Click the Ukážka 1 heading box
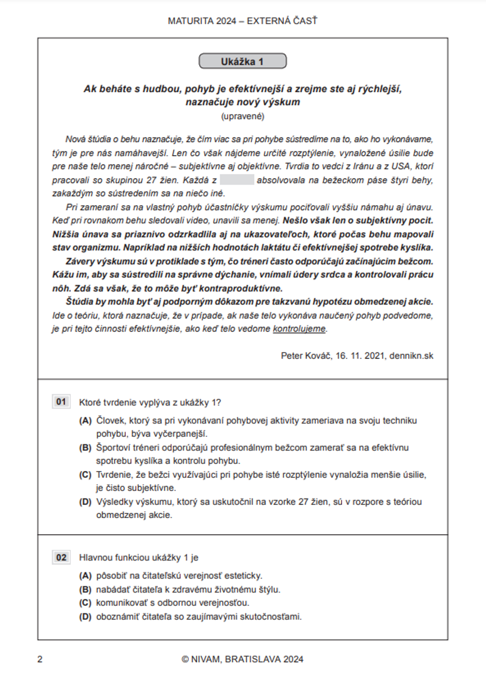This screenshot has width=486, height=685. [243, 61]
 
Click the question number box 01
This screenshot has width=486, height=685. [61, 402]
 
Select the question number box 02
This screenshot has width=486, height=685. [61, 558]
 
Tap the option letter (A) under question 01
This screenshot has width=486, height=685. [86, 421]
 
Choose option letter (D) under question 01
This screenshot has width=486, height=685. [86, 502]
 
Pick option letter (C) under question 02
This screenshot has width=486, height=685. [86, 603]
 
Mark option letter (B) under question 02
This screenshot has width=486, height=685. [86, 590]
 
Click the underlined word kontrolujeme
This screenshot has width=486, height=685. [299, 329]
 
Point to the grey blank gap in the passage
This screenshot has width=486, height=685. [237, 180]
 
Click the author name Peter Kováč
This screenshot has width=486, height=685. [306, 356]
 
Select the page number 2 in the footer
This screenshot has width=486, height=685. [40, 660]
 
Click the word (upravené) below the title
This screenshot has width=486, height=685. [243, 116]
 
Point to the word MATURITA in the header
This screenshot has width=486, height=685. [191, 21]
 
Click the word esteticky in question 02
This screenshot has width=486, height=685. [243, 576]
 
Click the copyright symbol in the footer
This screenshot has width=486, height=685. [185, 660]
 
